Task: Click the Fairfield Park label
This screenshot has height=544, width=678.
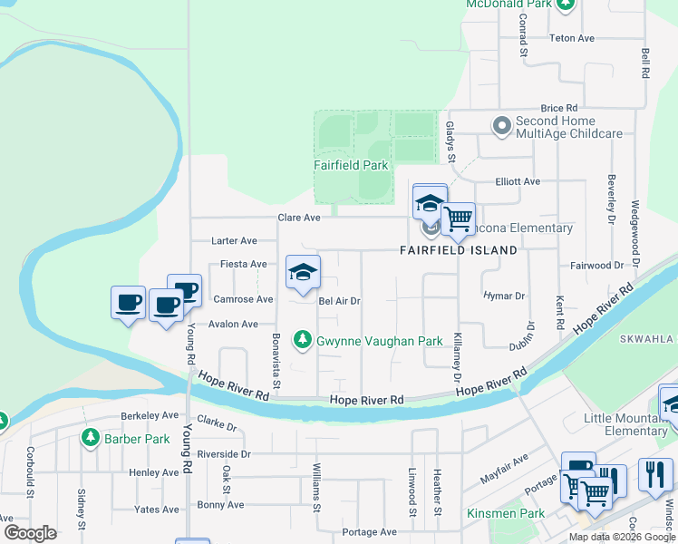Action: tap(351, 165)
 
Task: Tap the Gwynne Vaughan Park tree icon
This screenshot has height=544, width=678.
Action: tap(303, 341)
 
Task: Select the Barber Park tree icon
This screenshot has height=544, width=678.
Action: tap(90, 439)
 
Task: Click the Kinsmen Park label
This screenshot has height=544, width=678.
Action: tap(506, 513)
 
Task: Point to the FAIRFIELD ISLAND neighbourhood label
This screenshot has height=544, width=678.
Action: tap(460, 249)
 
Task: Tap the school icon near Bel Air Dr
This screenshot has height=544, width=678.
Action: tap(304, 271)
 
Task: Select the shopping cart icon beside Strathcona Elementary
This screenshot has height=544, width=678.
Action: tap(459, 218)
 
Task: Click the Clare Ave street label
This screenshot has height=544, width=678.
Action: tap(299, 218)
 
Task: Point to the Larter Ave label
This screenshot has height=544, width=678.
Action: tap(234, 241)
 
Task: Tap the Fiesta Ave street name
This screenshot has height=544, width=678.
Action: tap(243, 265)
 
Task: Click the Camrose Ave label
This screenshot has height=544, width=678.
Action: tap(242, 299)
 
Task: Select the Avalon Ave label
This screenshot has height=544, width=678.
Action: tap(235, 324)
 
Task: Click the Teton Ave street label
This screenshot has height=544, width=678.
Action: tap(572, 38)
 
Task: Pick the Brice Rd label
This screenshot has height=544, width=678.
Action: tap(558, 108)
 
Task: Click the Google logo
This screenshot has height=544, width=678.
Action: tap(30, 533)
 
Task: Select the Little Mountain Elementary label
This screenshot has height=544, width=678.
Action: tap(625, 424)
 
